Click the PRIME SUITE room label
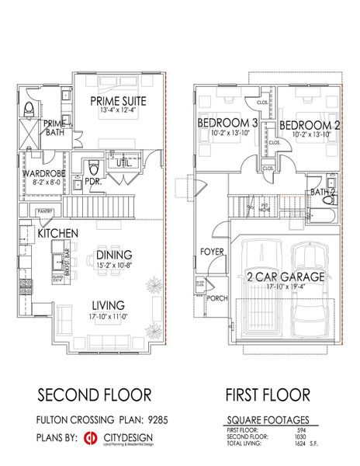coord(119,100)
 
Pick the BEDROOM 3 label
coord(227,124)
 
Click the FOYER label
coord(212,252)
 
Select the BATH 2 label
coord(324,191)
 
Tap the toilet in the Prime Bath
coord(29,108)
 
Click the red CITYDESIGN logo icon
coord(91,437)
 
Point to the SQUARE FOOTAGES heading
coord(268,418)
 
